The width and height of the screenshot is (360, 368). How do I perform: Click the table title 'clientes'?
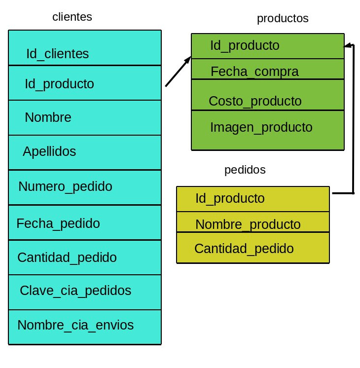pyautogui.click(x=72, y=17)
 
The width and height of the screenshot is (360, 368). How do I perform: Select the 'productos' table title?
pyautogui.click(x=283, y=19)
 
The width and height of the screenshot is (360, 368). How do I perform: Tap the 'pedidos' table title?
pyautogui.click(x=245, y=170)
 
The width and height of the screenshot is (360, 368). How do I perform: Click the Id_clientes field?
pyautogui.click(x=57, y=54)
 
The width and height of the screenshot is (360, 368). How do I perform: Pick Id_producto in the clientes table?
pyautogui.click(x=59, y=84)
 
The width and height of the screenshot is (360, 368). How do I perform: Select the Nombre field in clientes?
pyautogui.click(x=48, y=117)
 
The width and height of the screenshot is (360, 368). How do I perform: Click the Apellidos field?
pyautogui.click(x=49, y=151)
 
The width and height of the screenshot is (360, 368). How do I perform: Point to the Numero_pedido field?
pyautogui.click(x=65, y=187)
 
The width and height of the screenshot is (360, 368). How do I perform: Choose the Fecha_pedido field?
pyautogui.click(x=58, y=223)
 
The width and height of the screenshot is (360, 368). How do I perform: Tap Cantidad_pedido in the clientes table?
pyautogui.click(x=67, y=258)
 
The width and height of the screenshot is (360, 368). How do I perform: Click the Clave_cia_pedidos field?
pyautogui.click(x=75, y=291)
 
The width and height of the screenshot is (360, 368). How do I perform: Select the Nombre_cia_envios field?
pyautogui.click(x=75, y=326)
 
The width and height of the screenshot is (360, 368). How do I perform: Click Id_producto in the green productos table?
pyautogui.click(x=245, y=46)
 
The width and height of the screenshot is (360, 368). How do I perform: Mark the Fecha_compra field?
pyautogui.click(x=254, y=72)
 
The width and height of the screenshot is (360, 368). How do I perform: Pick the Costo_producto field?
pyautogui.click(x=255, y=101)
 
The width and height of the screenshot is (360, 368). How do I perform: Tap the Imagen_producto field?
pyautogui.click(x=261, y=127)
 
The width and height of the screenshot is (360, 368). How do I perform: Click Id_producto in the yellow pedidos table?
pyautogui.click(x=230, y=198)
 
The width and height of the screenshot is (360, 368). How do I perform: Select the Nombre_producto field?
pyautogui.click(x=248, y=224)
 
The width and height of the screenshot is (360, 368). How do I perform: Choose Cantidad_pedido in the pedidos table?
pyautogui.click(x=244, y=249)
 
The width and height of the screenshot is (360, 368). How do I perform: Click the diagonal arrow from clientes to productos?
pyautogui.click(x=178, y=72)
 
